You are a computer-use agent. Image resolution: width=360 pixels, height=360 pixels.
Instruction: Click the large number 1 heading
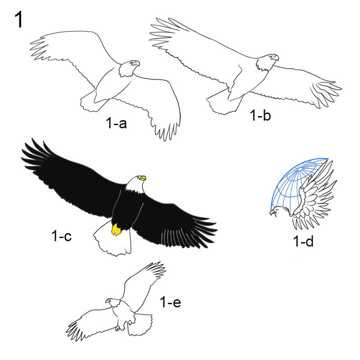(19, 20)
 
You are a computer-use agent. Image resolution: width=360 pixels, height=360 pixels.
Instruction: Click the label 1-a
(116, 123)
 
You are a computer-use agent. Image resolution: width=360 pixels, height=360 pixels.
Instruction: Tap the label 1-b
(260, 115)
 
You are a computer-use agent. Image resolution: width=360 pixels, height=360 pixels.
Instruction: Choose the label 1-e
(171, 302)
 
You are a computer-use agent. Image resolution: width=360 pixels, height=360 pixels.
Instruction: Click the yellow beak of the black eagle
(143, 178)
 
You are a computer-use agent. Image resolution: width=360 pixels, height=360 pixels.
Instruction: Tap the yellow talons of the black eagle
(116, 230)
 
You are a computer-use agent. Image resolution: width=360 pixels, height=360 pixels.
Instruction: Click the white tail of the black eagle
(113, 241)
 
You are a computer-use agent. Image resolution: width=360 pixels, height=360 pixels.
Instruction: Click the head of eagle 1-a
(129, 68)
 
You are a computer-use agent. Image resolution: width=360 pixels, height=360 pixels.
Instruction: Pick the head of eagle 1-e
(113, 302)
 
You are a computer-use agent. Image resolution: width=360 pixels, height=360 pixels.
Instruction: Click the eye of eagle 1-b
(272, 57)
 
